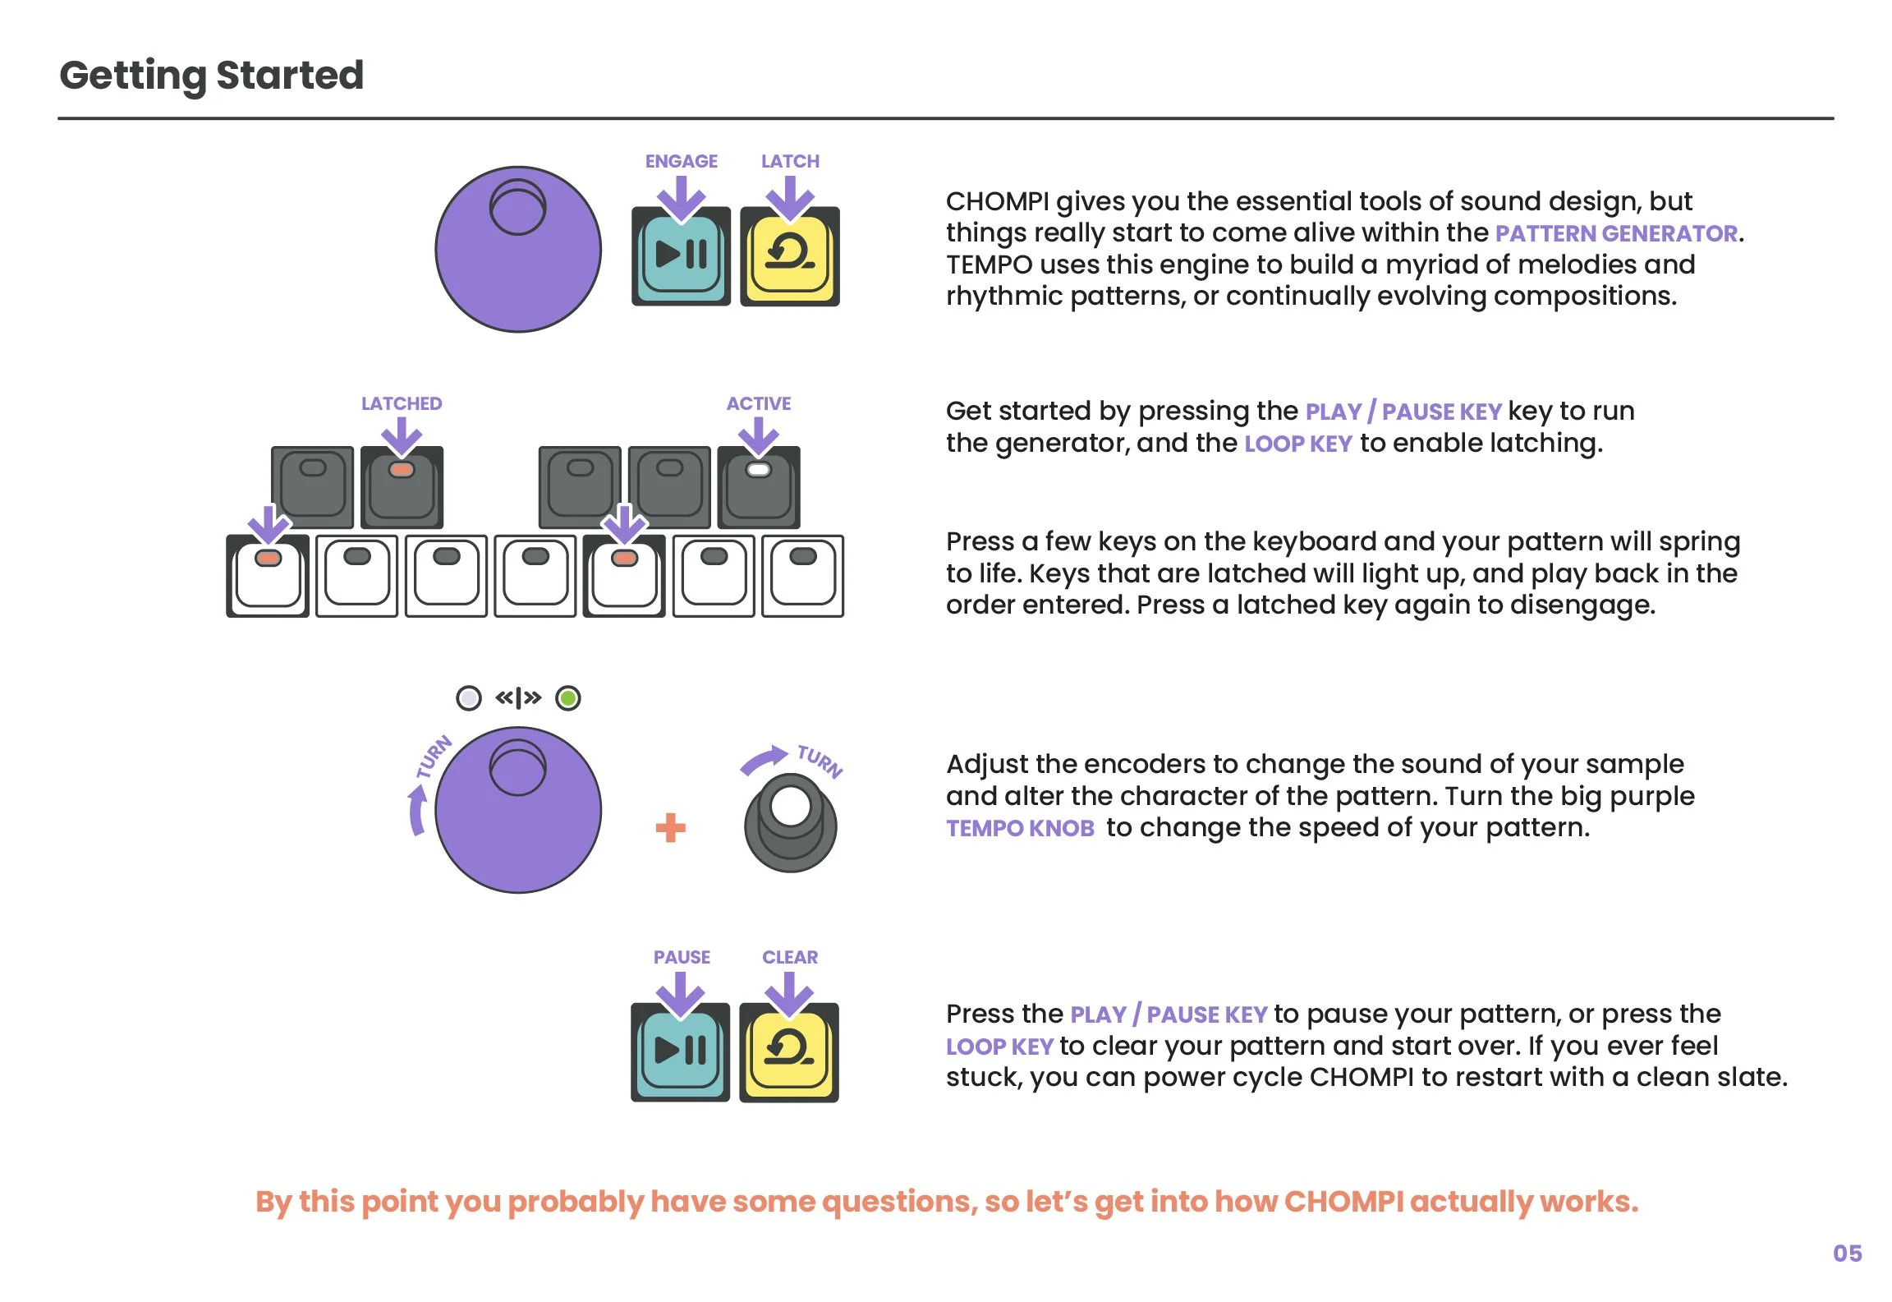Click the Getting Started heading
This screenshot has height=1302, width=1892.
pos(212,76)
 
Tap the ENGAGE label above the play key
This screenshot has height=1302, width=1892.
pos(681,161)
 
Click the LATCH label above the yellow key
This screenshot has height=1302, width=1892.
pos(790,161)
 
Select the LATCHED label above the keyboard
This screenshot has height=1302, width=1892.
pos(402,403)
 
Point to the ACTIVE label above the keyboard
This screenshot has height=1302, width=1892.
pos(758,403)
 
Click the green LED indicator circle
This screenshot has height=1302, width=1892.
pos(568,698)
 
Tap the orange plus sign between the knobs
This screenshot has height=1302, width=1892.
pos(670,827)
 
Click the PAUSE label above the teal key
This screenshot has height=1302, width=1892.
pos(682,957)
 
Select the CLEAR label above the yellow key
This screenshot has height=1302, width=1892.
pos(790,957)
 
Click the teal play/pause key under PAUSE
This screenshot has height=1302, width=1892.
pos(680,1052)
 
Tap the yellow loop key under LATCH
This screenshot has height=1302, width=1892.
pos(789,256)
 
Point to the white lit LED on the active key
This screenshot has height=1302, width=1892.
pos(758,470)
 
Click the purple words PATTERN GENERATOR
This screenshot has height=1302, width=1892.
pos(1616,234)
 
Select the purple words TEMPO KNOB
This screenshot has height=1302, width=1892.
pos(1020,828)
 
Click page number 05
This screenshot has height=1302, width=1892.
pos(1847,1254)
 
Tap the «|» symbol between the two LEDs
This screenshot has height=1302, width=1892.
pos(518,698)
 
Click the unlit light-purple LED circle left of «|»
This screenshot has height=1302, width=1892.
pos(469,698)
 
